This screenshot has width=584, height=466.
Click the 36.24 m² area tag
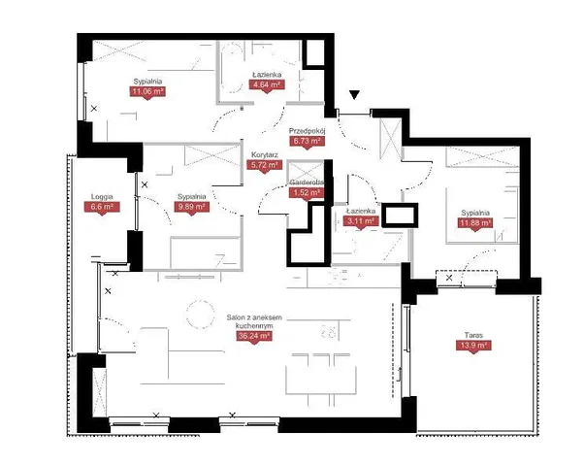click(254, 336)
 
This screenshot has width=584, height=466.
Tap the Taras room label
click(473, 335)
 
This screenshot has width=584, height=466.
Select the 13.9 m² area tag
click(473, 346)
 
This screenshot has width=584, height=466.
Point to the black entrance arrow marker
click(355, 95)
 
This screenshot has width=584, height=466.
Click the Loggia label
click(102, 197)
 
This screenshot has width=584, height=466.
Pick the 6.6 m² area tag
click(102, 207)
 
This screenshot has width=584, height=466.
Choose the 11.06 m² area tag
click(147, 91)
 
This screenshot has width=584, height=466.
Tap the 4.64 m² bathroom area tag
click(267, 84)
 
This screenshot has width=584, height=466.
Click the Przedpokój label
click(308, 131)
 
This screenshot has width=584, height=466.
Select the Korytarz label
click(265, 154)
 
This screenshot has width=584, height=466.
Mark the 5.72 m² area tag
click(265, 164)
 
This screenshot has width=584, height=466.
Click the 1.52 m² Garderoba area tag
click(307, 192)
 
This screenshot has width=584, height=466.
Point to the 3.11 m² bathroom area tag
click(361, 221)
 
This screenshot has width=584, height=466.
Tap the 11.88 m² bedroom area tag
click(475, 223)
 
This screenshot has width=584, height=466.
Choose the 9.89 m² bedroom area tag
click(192, 207)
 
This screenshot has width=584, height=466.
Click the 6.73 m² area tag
click(308, 141)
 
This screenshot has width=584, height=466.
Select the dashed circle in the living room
click(201, 314)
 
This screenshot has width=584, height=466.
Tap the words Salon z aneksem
click(254, 317)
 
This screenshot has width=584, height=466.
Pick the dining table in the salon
click(321, 380)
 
